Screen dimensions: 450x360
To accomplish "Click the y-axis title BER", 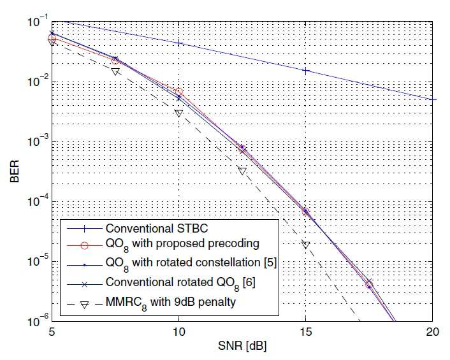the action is [x=15, y=171].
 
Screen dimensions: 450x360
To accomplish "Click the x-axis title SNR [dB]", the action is [x=242, y=345].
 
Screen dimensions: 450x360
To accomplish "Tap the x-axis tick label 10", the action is [x=178, y=332].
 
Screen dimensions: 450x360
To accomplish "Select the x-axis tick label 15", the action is [x=305, y=332].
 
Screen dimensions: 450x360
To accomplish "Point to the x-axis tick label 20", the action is [x=433, y=332].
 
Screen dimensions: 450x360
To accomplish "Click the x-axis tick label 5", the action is [x=52, y=332].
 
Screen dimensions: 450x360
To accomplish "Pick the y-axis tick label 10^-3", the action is [x=38, y=141].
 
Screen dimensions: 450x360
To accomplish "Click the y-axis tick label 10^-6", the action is [x=38, y=320].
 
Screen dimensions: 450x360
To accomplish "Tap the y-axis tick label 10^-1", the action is [x=38, y=21].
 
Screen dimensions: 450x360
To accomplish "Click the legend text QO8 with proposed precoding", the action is [x=182, y=245].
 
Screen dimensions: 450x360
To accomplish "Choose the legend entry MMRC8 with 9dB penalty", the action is [x=171, y=303].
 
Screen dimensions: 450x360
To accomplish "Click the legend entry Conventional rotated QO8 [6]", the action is [x=180, y=284].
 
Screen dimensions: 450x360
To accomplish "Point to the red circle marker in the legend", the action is [x=84, y=245].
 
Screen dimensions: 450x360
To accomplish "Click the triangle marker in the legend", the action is [x=84, y=305].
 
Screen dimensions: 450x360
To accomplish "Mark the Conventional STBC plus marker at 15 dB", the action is [x=306, y=71].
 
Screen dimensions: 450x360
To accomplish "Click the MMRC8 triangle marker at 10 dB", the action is [x=178, y=113].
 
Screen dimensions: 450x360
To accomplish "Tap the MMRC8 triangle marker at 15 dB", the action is [x=306, y=245].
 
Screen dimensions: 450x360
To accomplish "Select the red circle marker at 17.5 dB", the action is [x=369, y=285].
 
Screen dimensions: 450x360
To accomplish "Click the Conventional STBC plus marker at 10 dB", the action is [x=179, y=43].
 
